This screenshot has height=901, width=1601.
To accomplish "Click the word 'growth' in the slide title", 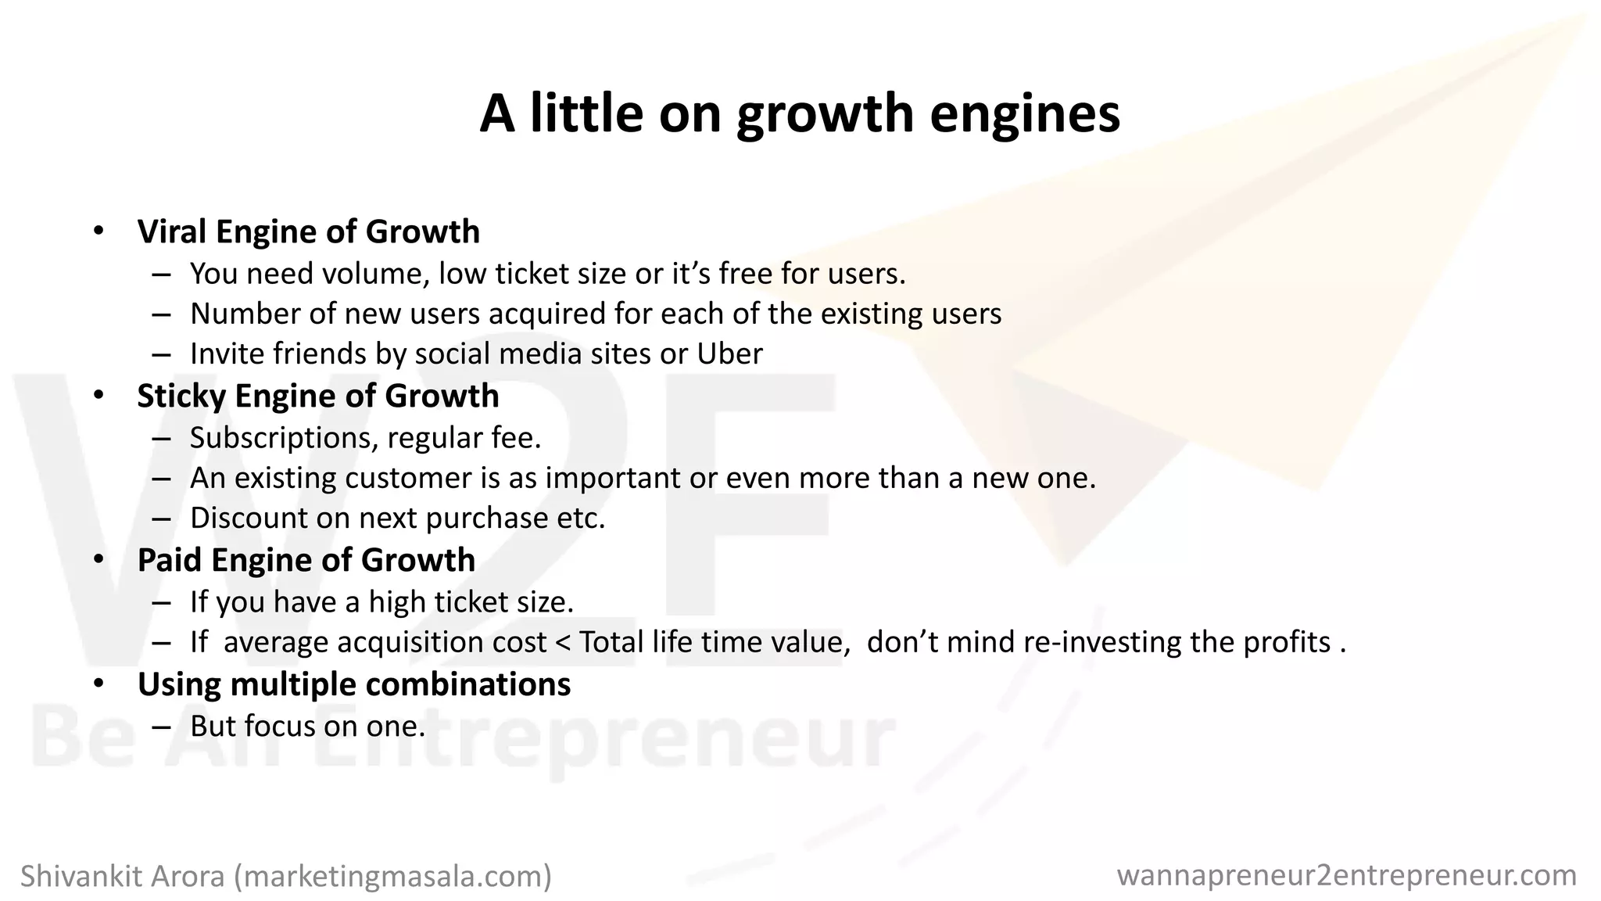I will tap(825, 115).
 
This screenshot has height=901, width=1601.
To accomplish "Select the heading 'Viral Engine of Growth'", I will tap(308, 232).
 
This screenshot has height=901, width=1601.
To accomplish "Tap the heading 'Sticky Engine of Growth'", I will tap(317, 396).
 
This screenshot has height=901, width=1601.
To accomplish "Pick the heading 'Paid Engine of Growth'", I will tap(306, 560).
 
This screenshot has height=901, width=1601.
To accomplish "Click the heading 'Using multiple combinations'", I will tap(353, 684).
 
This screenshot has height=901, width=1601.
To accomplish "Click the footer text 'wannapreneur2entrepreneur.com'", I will tap(1346, 875).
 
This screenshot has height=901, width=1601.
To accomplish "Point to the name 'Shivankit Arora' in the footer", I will tap(123, 876).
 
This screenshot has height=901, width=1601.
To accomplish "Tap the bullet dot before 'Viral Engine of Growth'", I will tap(98, 232).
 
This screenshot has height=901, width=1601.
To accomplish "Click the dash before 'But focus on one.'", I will tap(162, 727).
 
